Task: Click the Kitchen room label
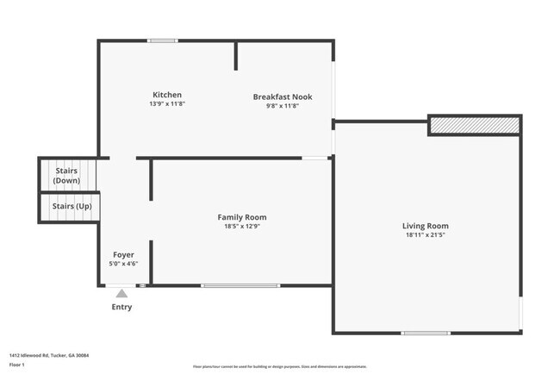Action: [x=167, y=95]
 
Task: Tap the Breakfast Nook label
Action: [x=283, y=97]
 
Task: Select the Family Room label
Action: [x=241, y=217]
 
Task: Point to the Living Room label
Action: [x=426, y=226]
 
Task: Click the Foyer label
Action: [x=124, y=255]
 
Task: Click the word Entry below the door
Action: [x=121, y=308]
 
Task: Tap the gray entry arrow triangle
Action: [x=121, y=294]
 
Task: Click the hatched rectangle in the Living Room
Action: [x=475, y=126]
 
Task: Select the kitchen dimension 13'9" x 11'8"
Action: [x=167, y=103]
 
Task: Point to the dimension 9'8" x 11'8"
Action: [x=283, y=106]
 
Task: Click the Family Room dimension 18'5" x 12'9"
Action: [x=241, y=227]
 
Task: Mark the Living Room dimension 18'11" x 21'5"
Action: [x=426, y=235]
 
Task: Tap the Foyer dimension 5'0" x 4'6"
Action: [x=124, y=264]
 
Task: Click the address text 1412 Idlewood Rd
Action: [x=49, y=355]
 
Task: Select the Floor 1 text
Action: [x=17, y=365]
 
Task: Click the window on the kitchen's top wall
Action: [x=162, y=41]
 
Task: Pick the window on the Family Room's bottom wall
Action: [x=240, y=285]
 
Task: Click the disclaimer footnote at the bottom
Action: [x=279, y=366]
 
